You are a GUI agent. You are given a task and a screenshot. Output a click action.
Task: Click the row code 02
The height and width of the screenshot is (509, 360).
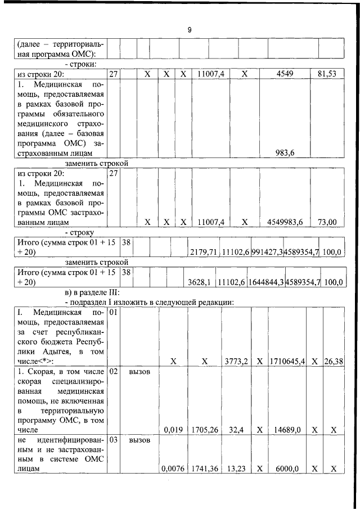(x=113, y=373)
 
